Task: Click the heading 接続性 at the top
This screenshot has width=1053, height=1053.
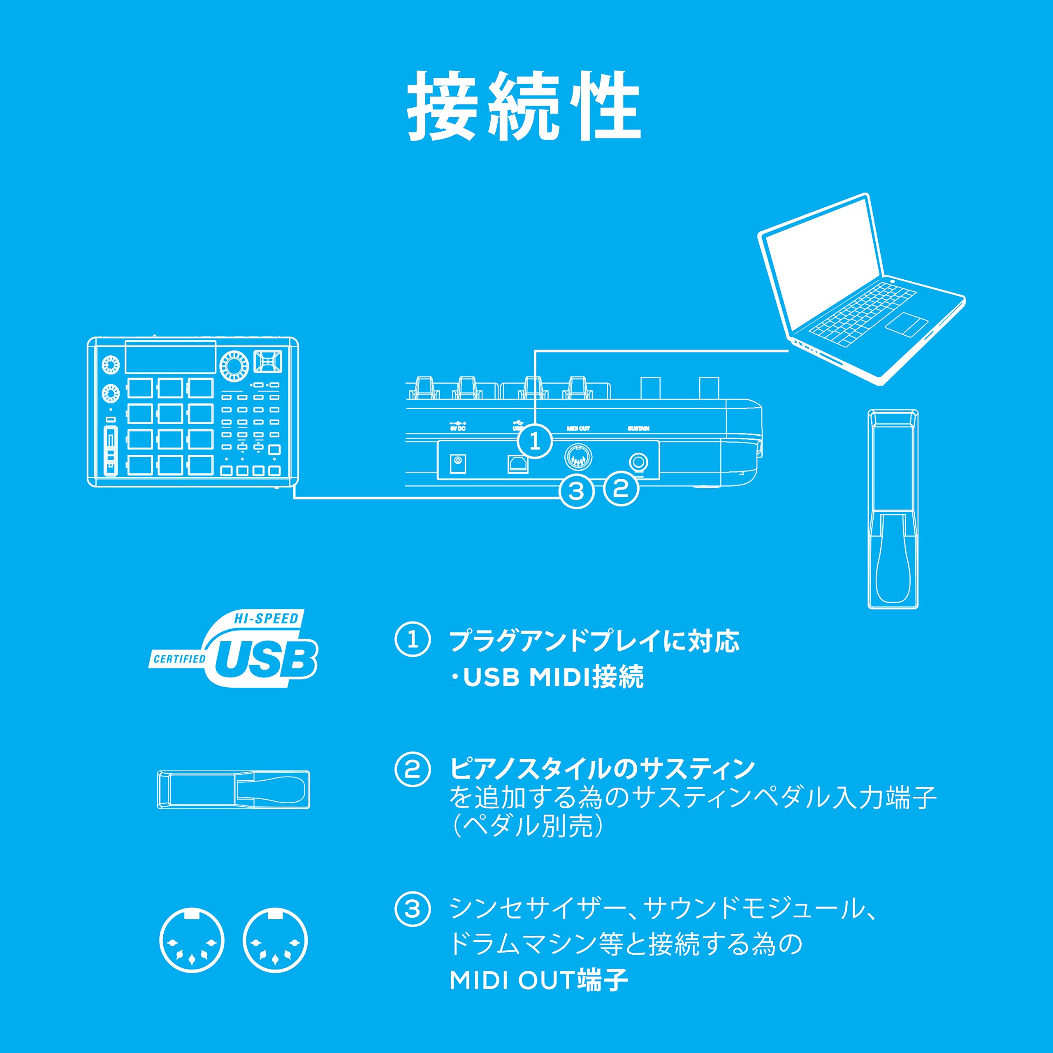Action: [524, 106]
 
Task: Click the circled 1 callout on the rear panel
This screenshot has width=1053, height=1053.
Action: [535, 441]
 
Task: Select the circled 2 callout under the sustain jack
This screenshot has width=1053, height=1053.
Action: [621, 488]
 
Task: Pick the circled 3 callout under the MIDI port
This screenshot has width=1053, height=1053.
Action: [577, 491]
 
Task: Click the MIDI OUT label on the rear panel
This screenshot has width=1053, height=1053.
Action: [578, 428]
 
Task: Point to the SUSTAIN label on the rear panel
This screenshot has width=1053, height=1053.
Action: [638, 428]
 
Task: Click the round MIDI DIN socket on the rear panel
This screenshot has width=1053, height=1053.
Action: [578, 457]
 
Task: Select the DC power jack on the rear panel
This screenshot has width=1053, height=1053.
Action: [457, 464]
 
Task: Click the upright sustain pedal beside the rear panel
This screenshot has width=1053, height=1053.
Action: [892, 510]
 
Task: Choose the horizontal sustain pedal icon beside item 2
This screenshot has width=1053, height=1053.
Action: [233, 790]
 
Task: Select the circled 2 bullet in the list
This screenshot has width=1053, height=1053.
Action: [413, 769]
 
